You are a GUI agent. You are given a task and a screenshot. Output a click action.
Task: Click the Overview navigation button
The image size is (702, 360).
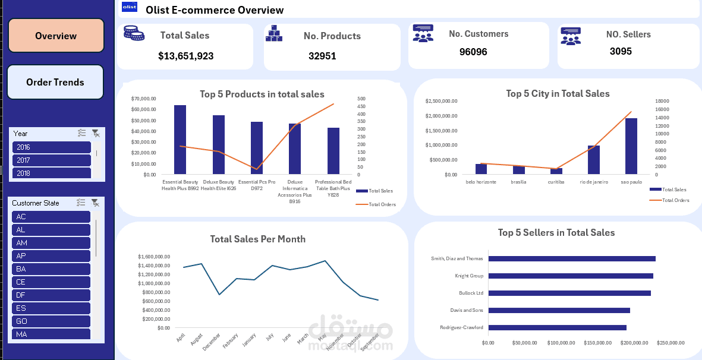[56, 36]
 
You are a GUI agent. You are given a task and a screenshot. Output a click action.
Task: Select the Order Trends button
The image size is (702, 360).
[55, 82]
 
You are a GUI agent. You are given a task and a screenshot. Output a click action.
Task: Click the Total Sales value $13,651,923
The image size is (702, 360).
[185, 56]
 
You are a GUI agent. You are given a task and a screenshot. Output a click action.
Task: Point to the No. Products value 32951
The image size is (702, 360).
[322, 56]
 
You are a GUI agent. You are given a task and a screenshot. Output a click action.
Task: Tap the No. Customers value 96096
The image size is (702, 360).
[473, 52]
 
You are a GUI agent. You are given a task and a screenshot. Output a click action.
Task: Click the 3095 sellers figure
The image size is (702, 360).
[621, 51]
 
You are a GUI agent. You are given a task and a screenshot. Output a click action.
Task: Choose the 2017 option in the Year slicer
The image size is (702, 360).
[51, 160]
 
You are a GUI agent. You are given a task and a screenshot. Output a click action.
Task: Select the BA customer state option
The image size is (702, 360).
[51, 269]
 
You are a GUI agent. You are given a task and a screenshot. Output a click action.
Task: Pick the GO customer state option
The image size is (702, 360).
[51, 321]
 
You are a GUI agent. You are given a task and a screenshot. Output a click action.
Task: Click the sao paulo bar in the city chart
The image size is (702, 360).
[631, 146]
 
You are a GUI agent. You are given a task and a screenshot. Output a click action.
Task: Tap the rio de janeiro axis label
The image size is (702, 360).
[594, 182]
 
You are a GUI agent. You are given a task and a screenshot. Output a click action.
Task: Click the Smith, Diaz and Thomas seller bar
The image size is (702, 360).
[571, 258]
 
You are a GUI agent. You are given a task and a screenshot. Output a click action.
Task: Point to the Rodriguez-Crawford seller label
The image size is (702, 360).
[461, 327]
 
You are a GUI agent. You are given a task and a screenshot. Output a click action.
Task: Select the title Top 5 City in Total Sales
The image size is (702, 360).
[558, 93]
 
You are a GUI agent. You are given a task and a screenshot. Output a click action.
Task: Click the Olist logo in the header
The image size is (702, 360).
[129, 7]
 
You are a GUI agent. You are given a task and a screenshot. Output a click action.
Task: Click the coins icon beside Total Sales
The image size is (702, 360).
[134, 33]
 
